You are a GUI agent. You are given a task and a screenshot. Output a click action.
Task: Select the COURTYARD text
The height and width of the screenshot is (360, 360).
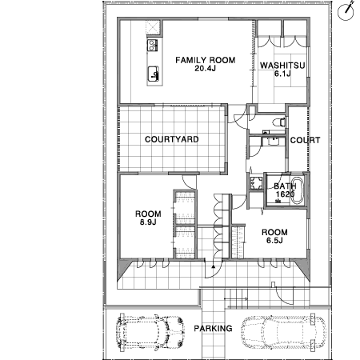[172, 139]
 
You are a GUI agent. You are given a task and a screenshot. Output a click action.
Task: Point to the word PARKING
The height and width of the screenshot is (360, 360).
[213, 328]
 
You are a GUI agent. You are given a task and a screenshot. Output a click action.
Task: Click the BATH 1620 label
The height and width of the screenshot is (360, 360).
[285, 190]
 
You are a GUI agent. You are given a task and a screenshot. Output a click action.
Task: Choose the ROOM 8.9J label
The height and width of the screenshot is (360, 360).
[148, 218]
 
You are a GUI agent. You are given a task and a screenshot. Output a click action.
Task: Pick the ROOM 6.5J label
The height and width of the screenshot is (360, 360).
[274, 236]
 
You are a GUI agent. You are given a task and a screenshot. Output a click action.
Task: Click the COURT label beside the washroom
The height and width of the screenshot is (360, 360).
[305, 140]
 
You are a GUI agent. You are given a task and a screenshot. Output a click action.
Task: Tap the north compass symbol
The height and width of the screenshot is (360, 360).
[346, 11]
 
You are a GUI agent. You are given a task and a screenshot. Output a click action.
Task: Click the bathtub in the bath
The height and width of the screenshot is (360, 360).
[297, 190]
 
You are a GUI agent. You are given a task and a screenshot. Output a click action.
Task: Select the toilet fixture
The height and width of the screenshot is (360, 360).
[279, 122]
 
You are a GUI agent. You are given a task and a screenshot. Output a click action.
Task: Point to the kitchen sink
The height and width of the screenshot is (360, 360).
[154, 74]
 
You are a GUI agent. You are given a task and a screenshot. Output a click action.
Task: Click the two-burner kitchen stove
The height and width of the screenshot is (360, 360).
[152, 45]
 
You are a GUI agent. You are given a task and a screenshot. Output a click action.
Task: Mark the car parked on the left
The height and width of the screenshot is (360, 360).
[150, 332]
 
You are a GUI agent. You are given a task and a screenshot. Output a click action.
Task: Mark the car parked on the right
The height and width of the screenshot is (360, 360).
[283, 332]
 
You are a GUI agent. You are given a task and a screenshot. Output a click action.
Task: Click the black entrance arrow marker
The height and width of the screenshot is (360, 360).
[213, 266]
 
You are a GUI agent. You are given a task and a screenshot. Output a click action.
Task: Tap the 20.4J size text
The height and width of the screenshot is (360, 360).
[205, 68]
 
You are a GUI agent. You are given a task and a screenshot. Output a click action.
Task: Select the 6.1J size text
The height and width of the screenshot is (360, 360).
[282, 74]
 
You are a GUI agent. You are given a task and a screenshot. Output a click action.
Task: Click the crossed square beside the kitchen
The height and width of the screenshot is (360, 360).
[153, 27]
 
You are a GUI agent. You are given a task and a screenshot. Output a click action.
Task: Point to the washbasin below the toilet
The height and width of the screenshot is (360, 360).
[273, 141]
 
